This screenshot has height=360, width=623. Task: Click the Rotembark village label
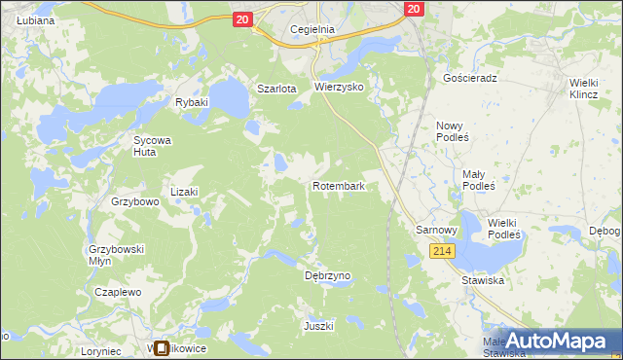(x=339, y=185)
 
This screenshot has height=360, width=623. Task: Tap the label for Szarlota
(x=275, y=89)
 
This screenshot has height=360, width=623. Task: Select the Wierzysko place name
(x=339, y=87)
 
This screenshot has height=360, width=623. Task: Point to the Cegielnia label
(x=312, y=29)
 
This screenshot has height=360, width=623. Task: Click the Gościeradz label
(x=470, y=78)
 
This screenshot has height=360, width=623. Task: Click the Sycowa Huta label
(x=152, y=146)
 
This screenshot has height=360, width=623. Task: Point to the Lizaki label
(x=184, y=193)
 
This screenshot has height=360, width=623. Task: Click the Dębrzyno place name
(x=327, y=275)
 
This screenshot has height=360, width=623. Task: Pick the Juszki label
(x=318, y=326)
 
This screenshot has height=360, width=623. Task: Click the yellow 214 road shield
(x=442, y=251)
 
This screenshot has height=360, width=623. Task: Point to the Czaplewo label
(x=119, y=292)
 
